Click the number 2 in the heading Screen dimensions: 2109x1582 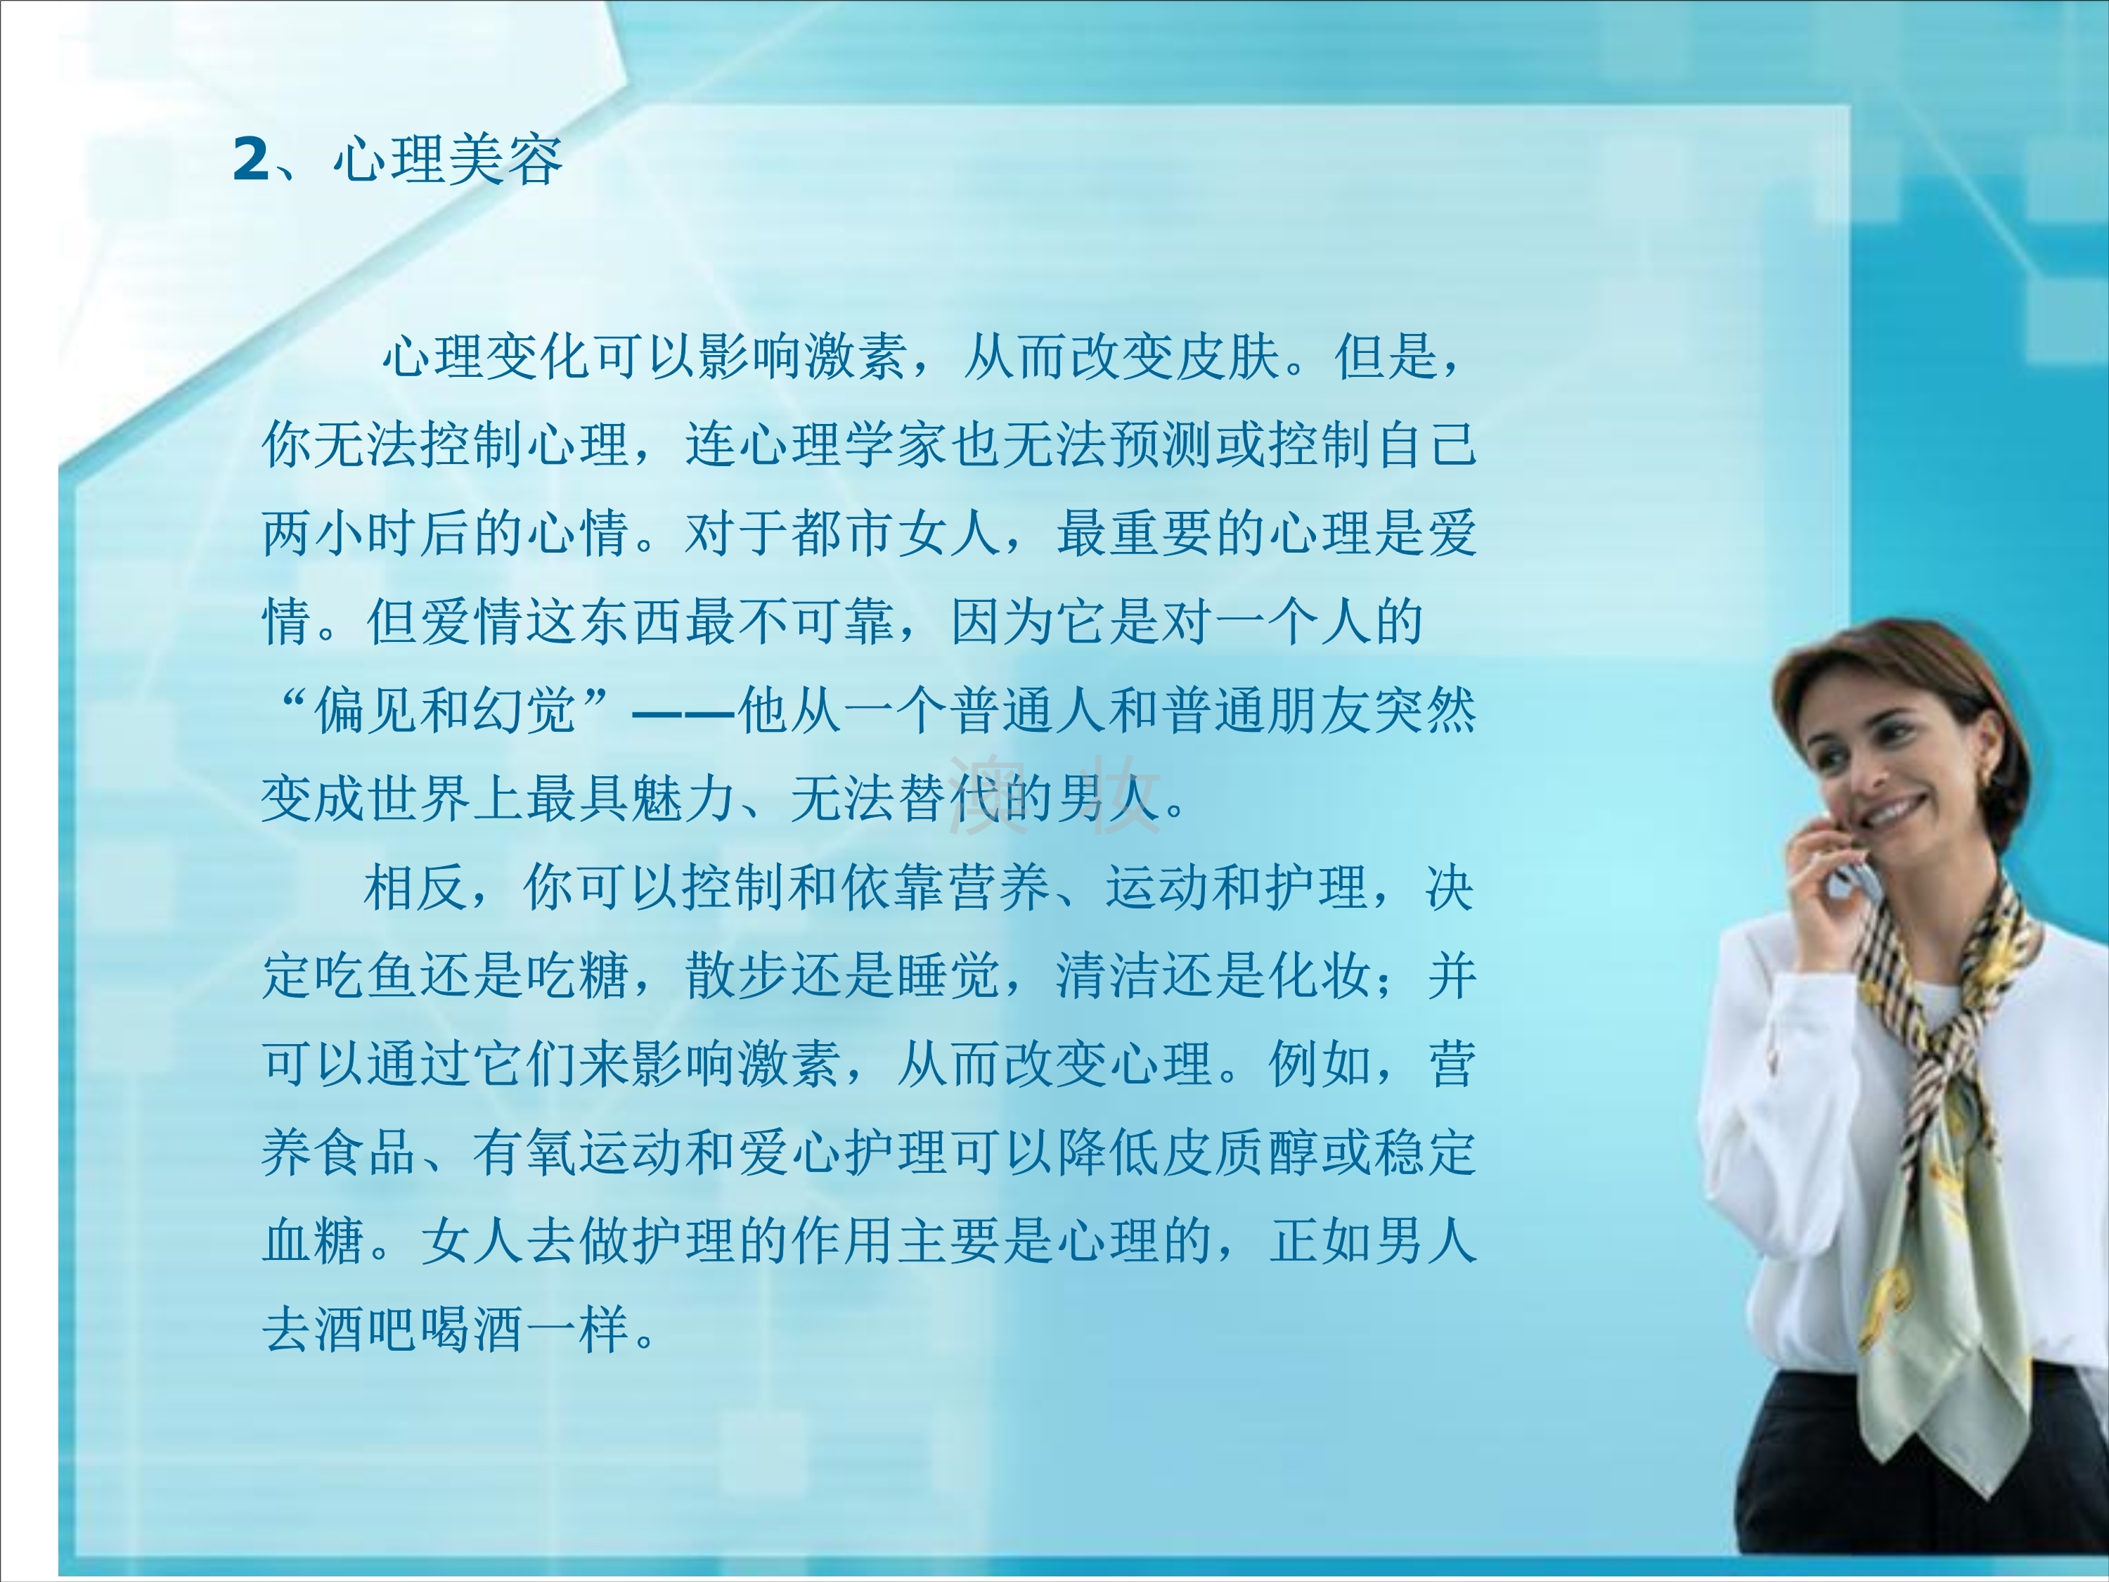[252, 158]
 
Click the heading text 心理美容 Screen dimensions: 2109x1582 [448, 158]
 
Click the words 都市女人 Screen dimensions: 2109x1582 [896, 533]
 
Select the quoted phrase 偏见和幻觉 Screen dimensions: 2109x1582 [446, 709]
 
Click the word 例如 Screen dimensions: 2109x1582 [1320, 1063]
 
